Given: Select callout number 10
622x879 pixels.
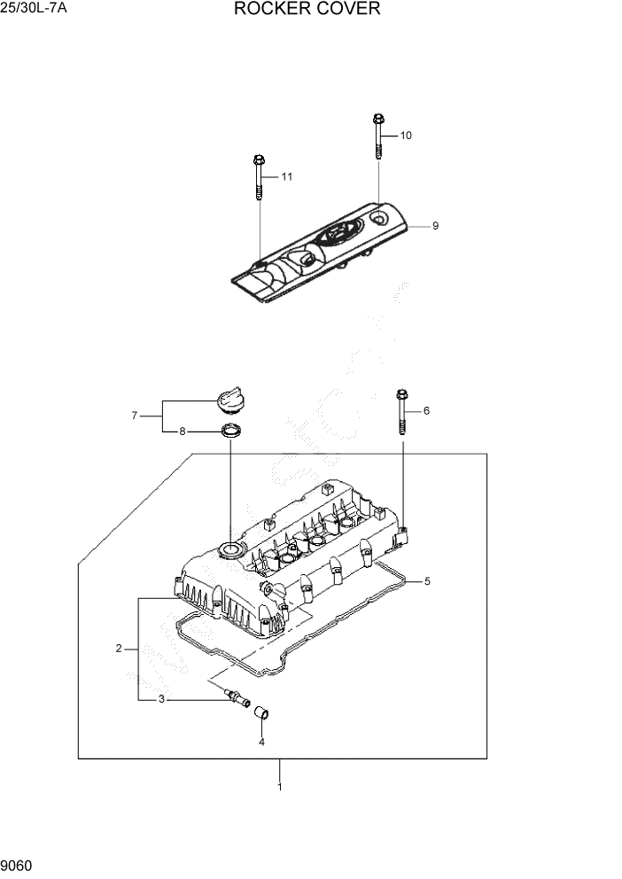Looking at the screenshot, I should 406,136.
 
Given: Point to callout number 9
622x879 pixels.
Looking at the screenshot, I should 435,227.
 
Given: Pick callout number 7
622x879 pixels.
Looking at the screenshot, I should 135,415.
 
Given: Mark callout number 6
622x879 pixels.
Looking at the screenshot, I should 426,410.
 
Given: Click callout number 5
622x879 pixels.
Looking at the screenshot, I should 427,581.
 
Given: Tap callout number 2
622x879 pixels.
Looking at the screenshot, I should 119,650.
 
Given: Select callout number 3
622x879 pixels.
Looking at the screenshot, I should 161,700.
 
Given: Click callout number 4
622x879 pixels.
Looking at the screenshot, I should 261,742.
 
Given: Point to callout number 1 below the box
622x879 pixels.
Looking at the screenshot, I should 280,786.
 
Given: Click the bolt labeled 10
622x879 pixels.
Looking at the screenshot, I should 378,136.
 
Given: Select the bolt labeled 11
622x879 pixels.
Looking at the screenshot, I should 258,177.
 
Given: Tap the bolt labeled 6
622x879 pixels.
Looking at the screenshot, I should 402,411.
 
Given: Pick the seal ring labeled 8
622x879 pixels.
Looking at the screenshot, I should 229,432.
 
